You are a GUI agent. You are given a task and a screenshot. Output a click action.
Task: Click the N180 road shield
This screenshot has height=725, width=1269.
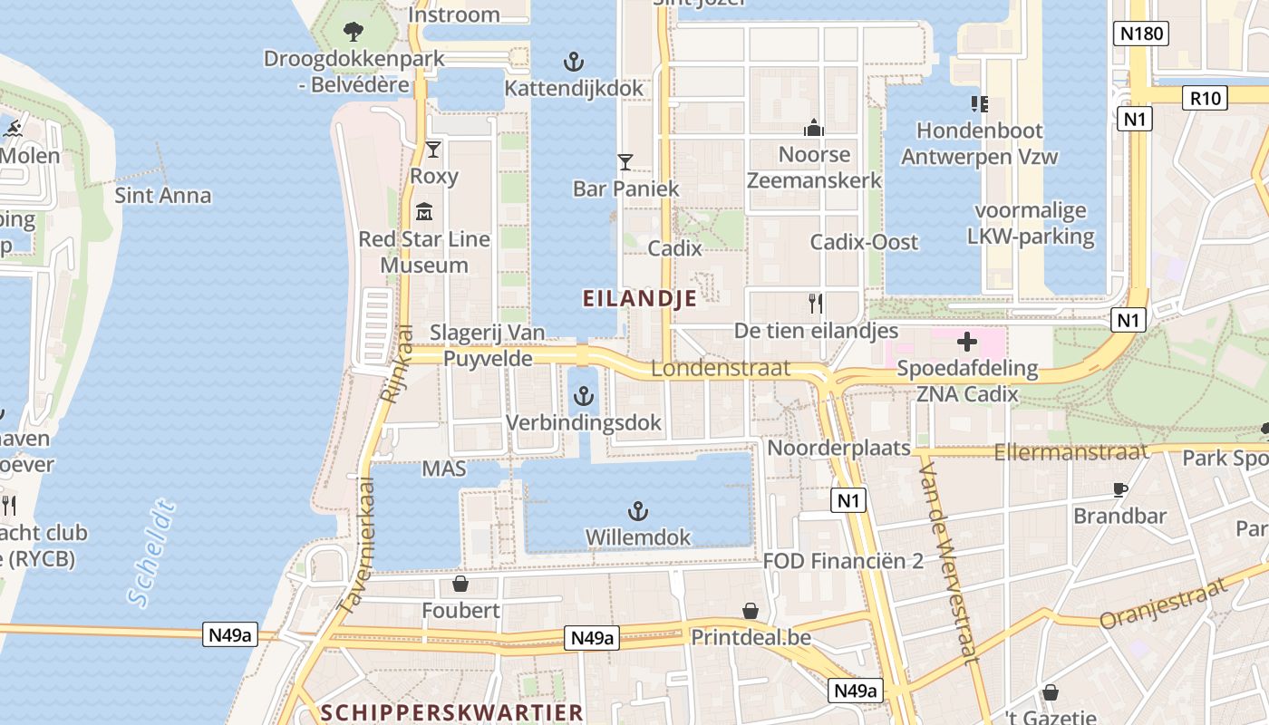point(1140,34)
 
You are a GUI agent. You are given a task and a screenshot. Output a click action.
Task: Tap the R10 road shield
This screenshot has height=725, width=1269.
point(1205,98)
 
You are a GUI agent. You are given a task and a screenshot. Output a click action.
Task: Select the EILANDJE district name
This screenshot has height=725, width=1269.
point(640,298)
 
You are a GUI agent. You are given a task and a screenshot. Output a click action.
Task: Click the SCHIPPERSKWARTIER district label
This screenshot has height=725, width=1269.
point(452,712)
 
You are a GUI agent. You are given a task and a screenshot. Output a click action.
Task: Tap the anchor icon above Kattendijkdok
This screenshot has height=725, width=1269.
point(573,62)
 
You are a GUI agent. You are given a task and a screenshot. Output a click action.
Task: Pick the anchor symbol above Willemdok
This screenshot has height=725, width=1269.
point(638,511)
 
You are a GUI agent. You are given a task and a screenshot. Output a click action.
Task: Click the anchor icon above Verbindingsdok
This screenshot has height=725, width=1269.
point(584,396)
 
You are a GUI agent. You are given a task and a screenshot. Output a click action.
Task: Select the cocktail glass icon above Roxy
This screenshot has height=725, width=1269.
point(433,149)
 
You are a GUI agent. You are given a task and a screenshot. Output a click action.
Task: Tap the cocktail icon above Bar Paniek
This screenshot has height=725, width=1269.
point(625,162)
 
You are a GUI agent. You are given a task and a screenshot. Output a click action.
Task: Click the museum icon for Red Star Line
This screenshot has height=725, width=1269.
point(423,213)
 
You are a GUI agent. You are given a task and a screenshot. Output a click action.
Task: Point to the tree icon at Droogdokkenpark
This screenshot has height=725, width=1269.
point(354,33)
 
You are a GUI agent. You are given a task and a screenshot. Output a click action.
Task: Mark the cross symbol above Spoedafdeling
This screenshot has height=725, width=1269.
point(967,342)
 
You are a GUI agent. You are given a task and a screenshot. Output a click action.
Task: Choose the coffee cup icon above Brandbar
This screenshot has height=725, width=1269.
point(1119,489)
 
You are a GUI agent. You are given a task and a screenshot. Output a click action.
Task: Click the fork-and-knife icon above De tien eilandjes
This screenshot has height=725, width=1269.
point(816,304)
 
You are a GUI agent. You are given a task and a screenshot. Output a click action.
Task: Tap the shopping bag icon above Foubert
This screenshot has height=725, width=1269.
point(460,584)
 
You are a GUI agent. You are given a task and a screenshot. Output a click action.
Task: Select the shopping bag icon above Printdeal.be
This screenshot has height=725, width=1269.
point(751,611)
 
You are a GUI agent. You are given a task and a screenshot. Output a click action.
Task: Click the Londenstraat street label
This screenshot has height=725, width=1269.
point(721,369)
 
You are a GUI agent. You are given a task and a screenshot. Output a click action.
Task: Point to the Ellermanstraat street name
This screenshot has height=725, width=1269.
point(1070,451)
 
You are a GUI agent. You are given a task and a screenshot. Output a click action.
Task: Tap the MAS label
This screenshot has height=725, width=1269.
point(444,469)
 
